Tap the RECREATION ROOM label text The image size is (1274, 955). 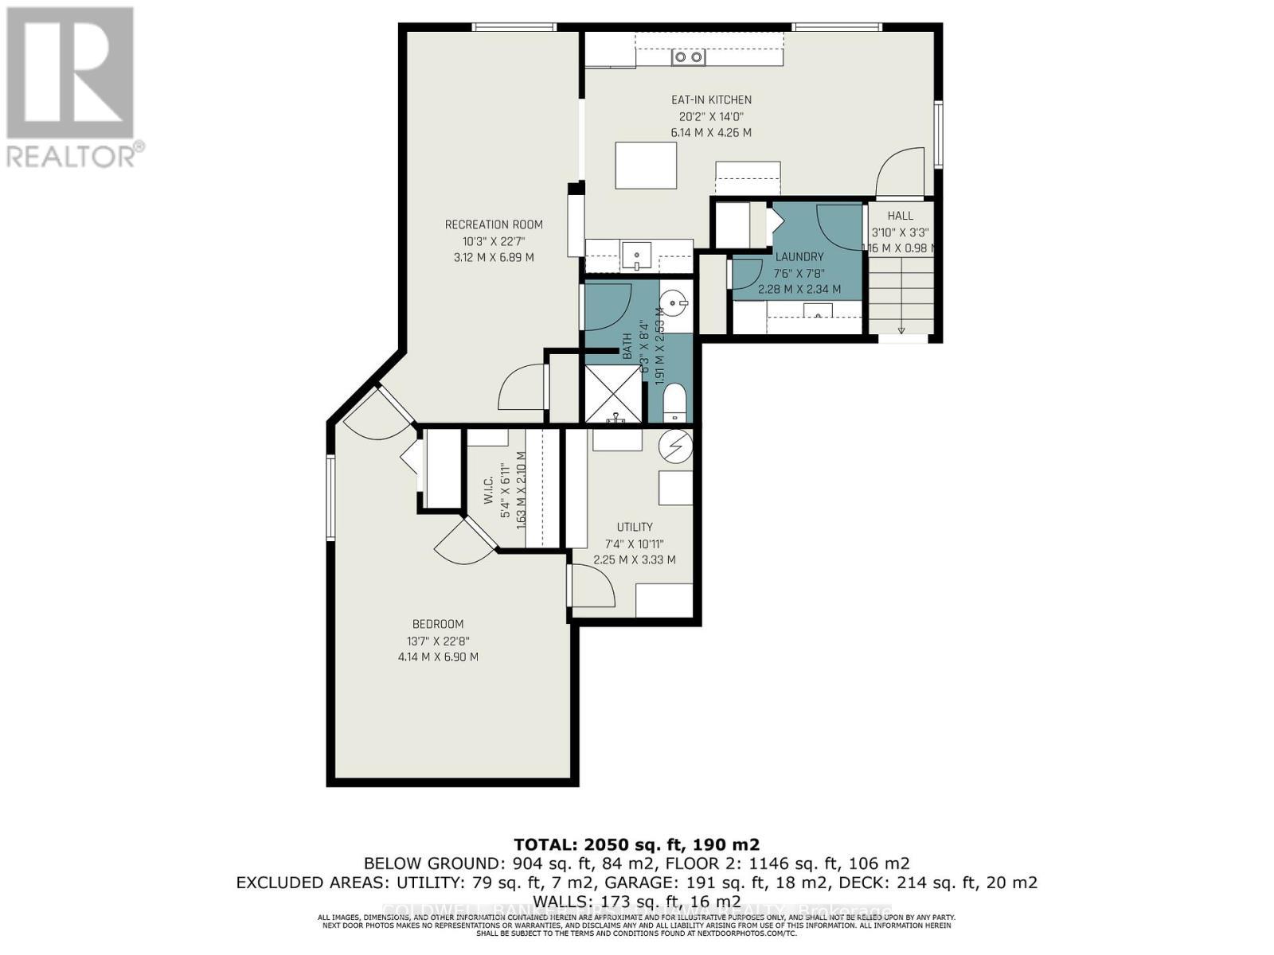click(x=494, y=224)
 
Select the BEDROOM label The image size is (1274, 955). click(x=437, y=624)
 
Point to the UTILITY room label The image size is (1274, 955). click(x=635, y=527)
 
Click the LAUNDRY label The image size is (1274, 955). click(x=799, y=257)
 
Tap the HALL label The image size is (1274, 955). click(x=900, y=216)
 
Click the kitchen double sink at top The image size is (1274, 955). click(x=689, y=57)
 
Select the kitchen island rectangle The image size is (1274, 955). click(x=646, y=166)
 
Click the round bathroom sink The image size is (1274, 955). click(x=674, y=303)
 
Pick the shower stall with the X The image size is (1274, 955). click(x=614, y=393)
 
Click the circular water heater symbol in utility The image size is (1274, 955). click(x=675, y=446)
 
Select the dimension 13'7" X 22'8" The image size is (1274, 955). click(x=437, y=641)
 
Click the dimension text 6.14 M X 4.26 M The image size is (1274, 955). click(x=711, y=133)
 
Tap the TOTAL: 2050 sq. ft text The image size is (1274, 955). click(x=636, y=844)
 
